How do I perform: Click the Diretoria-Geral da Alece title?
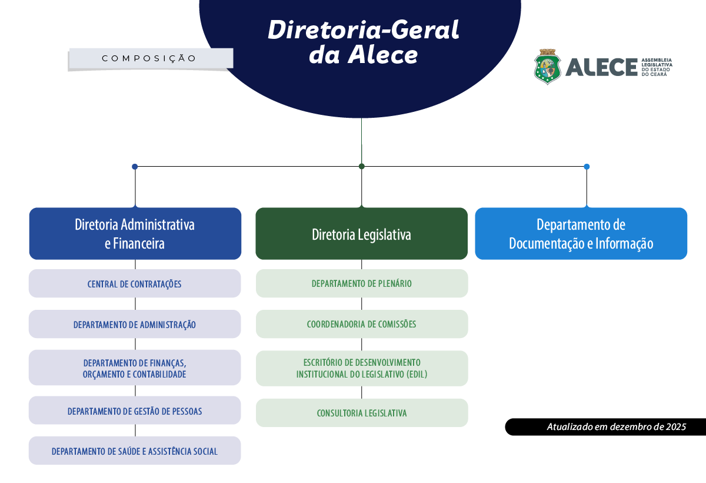(x=363, y=42)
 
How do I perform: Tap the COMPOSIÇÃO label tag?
(x=149, y=58)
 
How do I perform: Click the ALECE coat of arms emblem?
(x=548, y=67)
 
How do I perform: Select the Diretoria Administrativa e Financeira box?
(x=135, y=234)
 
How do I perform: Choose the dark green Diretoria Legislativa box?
(x=361, y=234)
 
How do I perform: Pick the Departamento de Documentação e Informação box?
(x=581, y=234)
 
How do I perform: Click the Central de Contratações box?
(x=135, y=284)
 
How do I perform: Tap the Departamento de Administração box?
(x=135, y=325)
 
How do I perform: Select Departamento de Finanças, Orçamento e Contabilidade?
(x=135, y=368)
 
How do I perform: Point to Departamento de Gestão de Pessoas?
(x=135, y=411)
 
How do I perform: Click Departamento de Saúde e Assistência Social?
(x=135, y=451)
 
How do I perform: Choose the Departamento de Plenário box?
(x=361, y=283)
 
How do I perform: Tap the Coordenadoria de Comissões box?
(x=361, y=324)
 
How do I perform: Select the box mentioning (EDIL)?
(x=361, y=368)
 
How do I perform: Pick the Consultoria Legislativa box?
(x=361, y=413)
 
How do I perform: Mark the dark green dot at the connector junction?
(x=362, y=166)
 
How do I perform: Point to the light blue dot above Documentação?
(x=587, y=167)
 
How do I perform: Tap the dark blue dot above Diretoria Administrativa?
(x=135, y=167)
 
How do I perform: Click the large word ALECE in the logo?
(x=601, y=67)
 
